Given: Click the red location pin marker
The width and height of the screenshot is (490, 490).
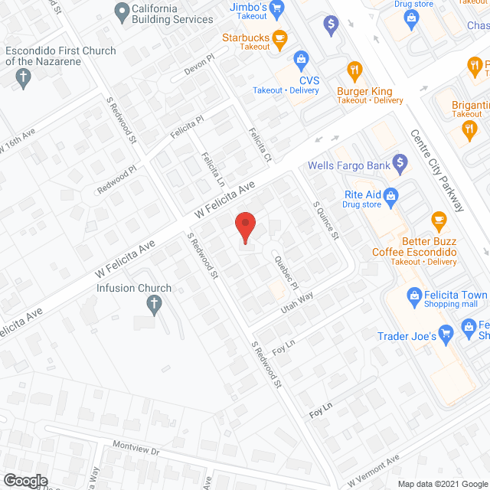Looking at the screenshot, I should pyautogui.click(x=244, y=227).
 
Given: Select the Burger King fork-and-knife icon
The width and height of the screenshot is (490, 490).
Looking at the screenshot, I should pyautogui.click(x=354, y=71).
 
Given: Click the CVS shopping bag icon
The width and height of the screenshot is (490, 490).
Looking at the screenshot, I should pyautogui.click(x=302, y=58).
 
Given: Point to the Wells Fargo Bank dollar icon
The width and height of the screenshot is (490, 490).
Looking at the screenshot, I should pyautogui.click(x=399, y=162).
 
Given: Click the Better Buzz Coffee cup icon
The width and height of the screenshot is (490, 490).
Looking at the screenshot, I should pyautogui.click(x=439, y=220).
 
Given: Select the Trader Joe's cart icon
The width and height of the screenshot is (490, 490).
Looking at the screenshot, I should pyautogui.click(x=449, y=333).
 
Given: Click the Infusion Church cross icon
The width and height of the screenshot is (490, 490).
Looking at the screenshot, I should pyautogui.click(x=154, y=305).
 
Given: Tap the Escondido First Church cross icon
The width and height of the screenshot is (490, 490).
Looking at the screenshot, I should pyautogui.click(x=23, y=77).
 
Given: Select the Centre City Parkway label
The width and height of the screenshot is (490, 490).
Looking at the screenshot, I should pyautogui.click(x=438, y=171).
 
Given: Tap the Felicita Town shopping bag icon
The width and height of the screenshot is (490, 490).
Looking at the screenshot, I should pyautogui.click(x=413, y=295).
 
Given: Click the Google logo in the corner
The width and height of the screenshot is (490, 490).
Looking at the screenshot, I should pyautogui.click(x=25, y=480).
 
